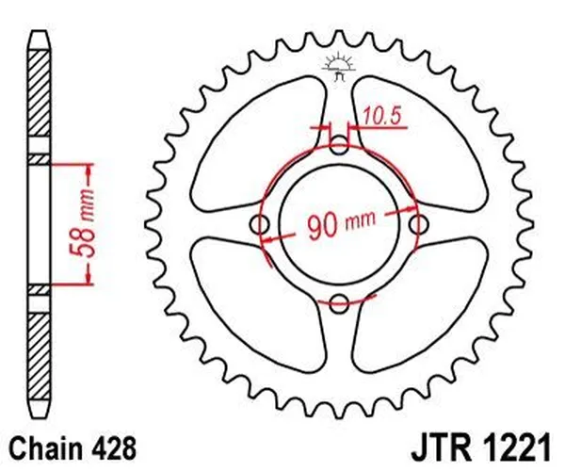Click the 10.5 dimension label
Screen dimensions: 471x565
point(382,116)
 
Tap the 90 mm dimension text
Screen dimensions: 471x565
point(339,224)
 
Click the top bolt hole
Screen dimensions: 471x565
point(340,144)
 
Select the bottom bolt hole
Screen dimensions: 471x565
point(340,302)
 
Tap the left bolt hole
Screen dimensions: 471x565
point(261,223)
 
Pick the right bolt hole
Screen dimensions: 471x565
point(419,223)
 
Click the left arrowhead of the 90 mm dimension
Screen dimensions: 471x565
point(269,240)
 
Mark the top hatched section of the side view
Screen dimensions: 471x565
point(38,94)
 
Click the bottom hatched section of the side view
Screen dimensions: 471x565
point(38,358)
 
